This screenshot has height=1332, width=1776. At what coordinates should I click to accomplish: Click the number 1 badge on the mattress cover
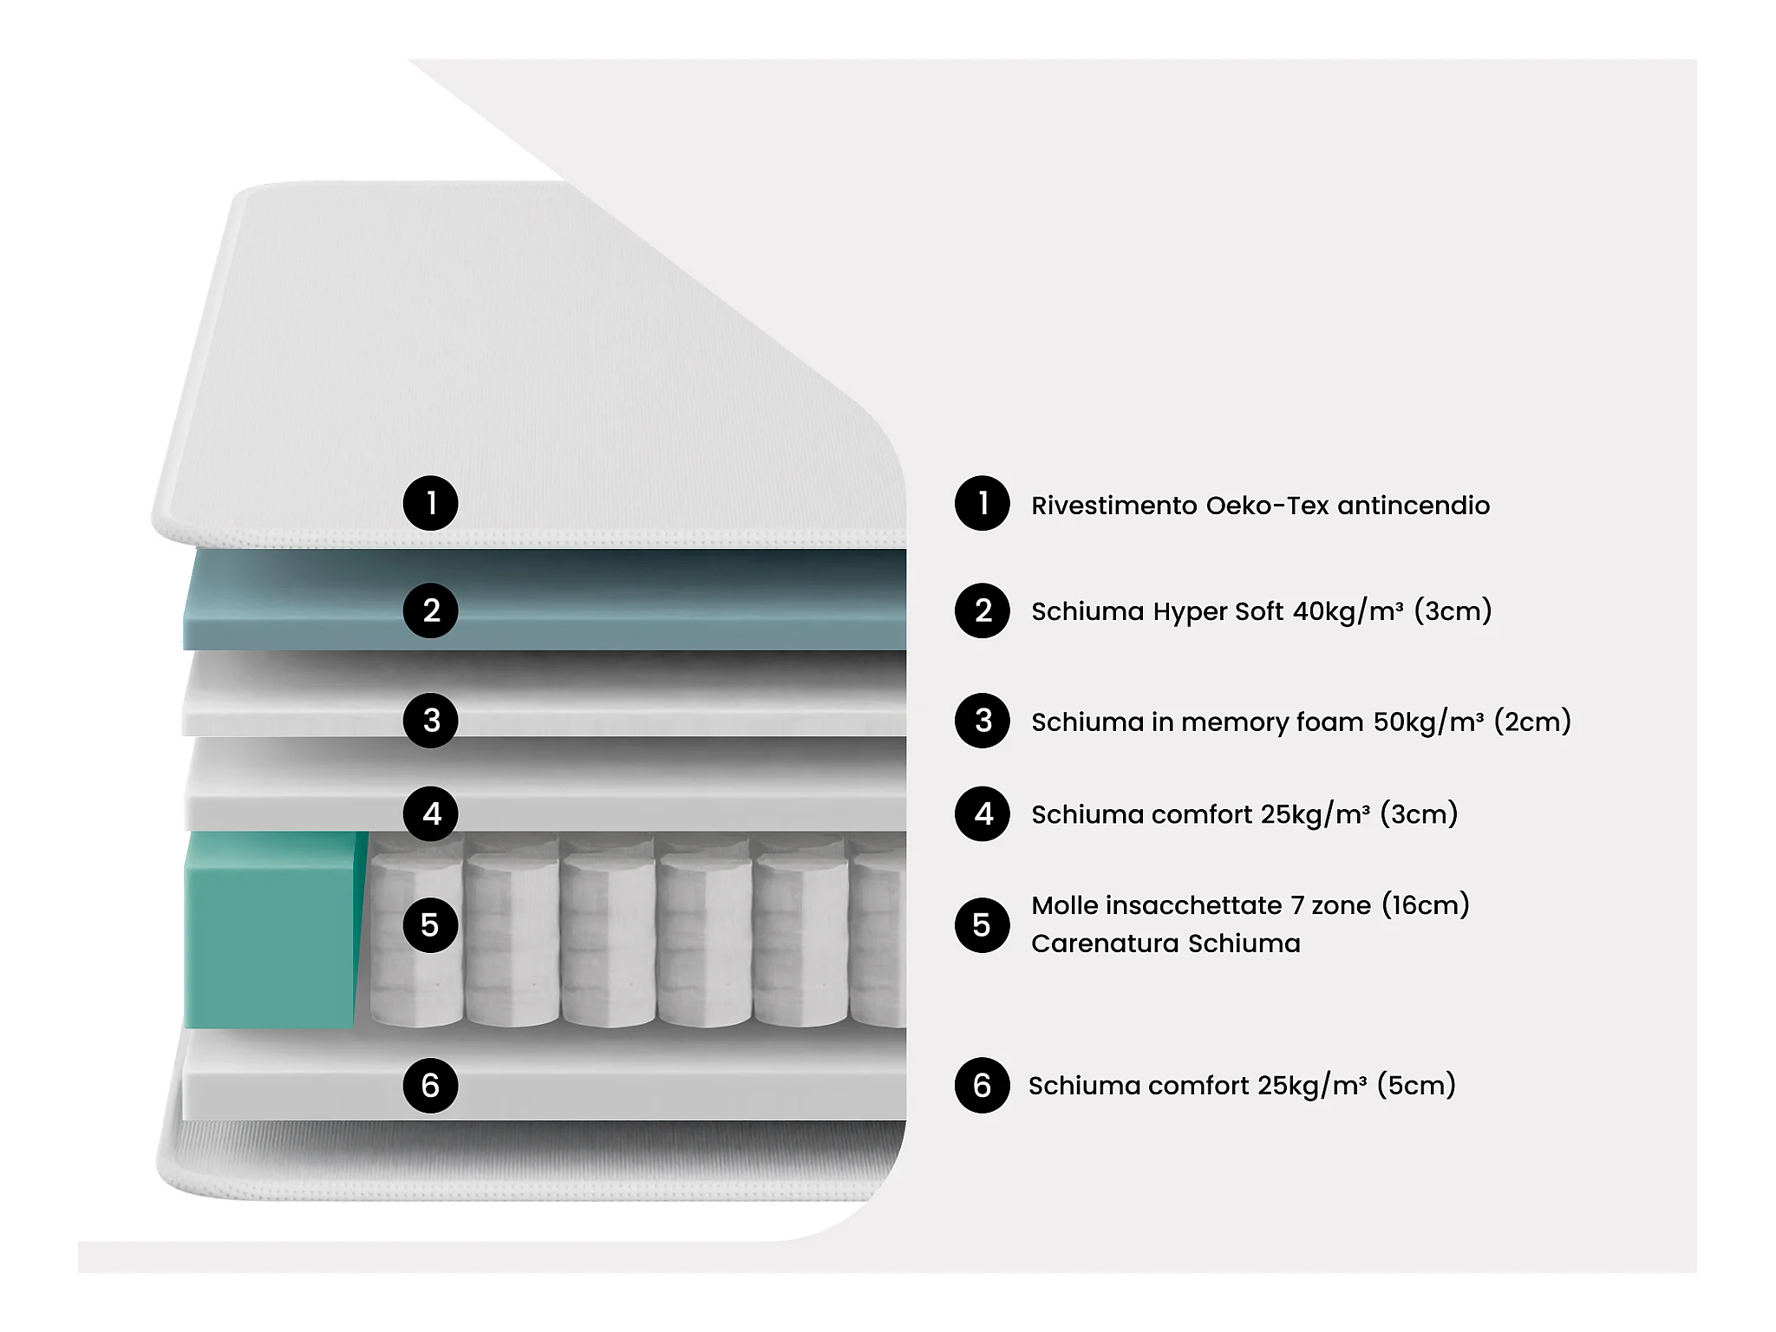click(430, 503)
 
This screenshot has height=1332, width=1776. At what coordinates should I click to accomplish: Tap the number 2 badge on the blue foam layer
click(430, 610)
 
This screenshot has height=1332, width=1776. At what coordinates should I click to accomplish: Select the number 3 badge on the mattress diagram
click(430, 720)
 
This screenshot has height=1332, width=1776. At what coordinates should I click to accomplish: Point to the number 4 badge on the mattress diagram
click(430, 813)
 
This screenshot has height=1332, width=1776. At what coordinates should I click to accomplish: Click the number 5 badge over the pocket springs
click(430, 925)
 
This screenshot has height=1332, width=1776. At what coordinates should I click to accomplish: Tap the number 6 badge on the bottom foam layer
click(430, 1085)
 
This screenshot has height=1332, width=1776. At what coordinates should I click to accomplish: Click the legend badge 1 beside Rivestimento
click(982, 503)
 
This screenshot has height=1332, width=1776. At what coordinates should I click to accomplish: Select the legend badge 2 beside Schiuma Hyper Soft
click(982, 610)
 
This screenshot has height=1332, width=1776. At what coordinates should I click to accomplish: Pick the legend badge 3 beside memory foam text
click(982, 720)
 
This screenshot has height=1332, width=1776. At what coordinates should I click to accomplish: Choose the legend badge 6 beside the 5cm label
click(982, 1085)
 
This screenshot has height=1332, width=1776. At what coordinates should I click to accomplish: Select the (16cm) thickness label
click(1425, 905)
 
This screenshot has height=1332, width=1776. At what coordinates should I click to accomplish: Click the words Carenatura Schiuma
click(1165, 943)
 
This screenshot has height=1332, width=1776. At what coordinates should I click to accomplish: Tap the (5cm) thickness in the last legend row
click(1416, 1086)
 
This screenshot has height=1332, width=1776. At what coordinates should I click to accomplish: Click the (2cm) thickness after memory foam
click(1532, 721)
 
